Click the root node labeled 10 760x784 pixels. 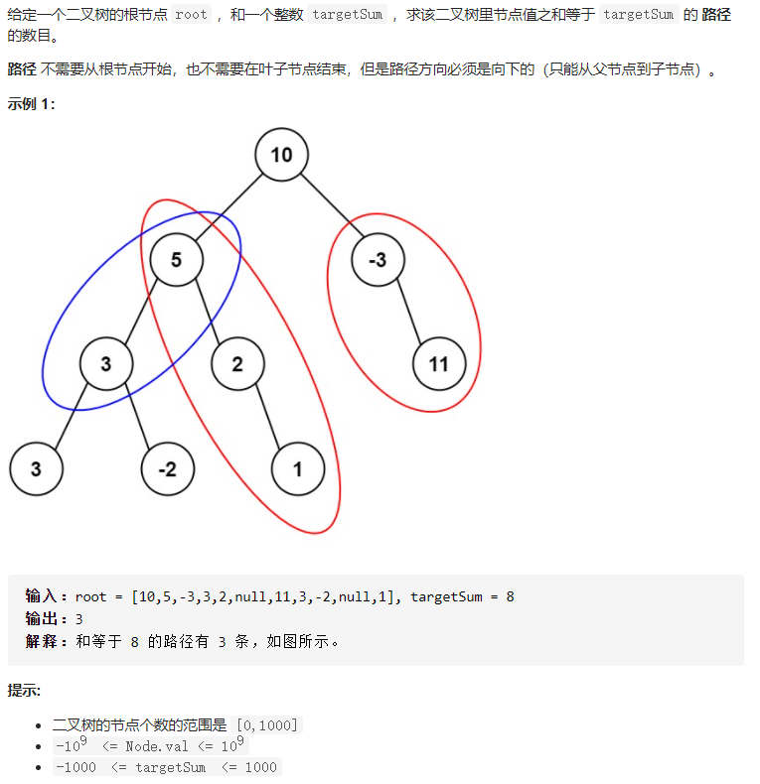pos(281,155)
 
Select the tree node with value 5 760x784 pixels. pos(176,259)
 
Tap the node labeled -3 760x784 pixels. pos(378,259)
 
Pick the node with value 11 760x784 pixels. pos(439,364)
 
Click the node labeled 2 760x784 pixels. pos(237,364)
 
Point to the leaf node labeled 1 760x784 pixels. pos(298,469)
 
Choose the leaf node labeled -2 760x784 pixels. pos(168,469)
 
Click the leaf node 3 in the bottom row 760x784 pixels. pos(36,469)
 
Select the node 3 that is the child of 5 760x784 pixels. pos(106,364)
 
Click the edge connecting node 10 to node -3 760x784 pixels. pos(332,205)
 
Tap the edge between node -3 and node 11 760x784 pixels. pos(409,311)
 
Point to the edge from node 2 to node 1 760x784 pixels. pos(268,416)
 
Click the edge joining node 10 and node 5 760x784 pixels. pos(228,207)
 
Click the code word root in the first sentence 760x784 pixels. pos(192,15)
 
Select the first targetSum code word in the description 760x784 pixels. pos(348,15)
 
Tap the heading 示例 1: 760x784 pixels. pos(31,103)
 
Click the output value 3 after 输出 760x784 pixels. pos(79,619)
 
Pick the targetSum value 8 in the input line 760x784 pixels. pos(511,596)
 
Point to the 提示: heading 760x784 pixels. pos(24,691)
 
